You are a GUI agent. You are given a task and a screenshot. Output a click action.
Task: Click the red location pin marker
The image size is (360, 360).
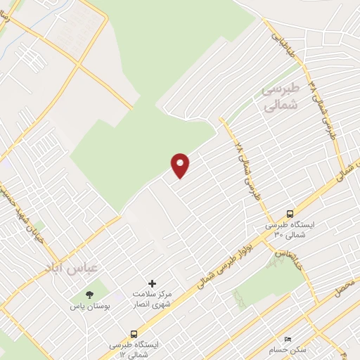point(181,165)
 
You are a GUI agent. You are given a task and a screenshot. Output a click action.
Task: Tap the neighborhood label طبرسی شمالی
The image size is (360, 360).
point(280,97)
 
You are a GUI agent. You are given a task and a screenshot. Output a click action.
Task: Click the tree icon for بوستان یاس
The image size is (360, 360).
point(89,295)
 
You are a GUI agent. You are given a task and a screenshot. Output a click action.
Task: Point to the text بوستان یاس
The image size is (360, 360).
point(89,307)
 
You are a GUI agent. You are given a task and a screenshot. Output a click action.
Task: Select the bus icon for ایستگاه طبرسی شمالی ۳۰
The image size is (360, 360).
point(290,214)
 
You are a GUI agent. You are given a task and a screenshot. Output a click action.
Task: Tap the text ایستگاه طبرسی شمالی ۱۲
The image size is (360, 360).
point(135,349)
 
